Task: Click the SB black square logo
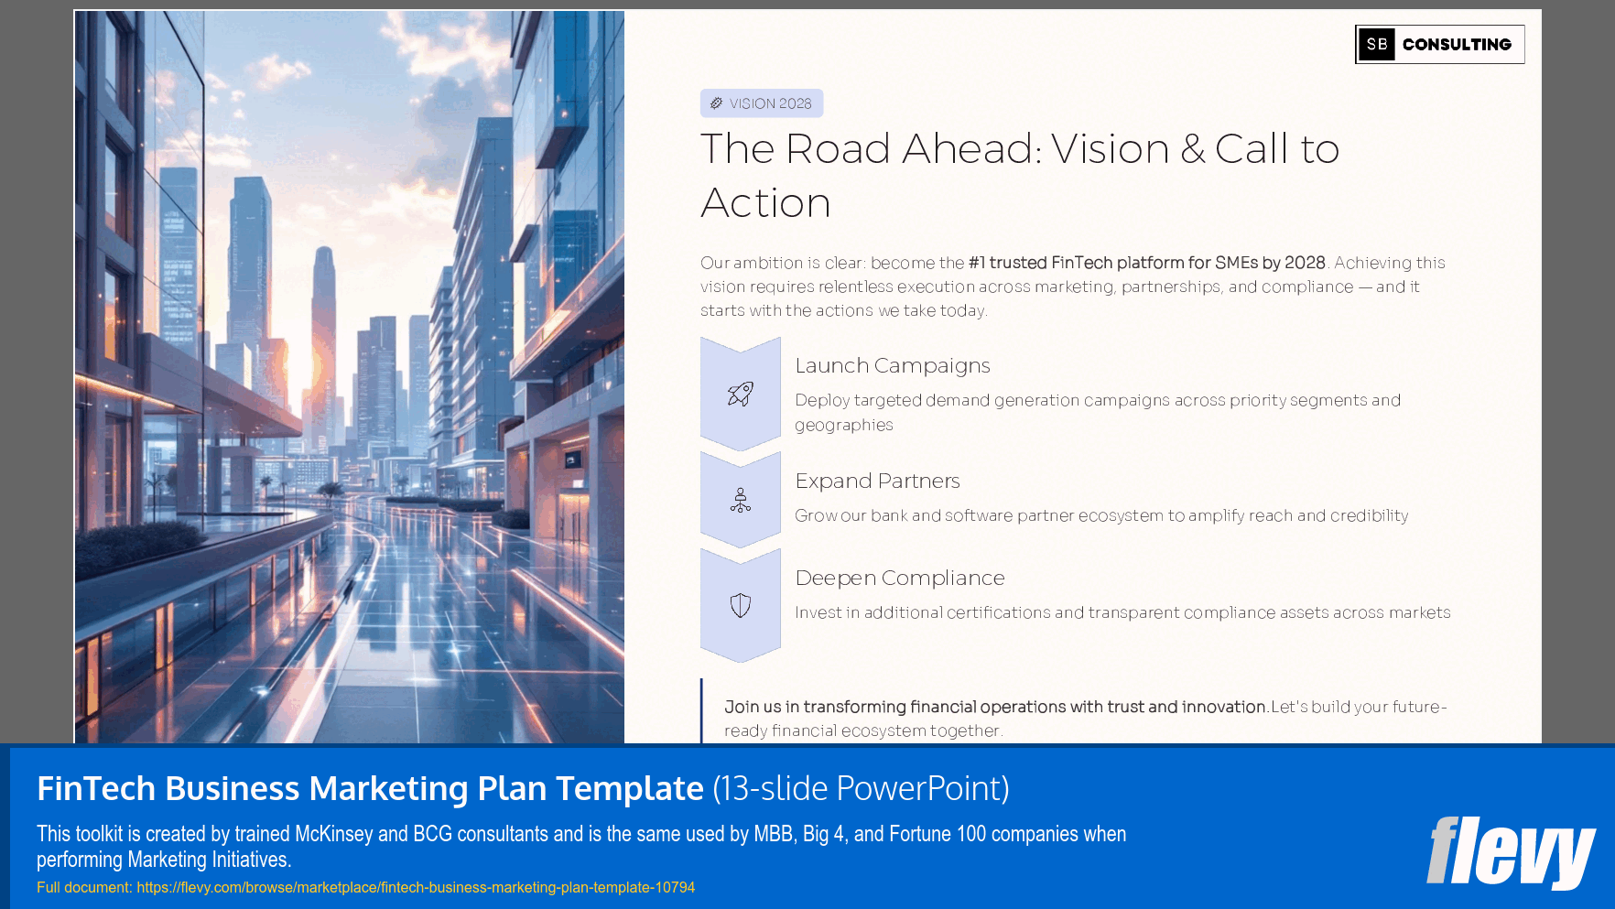click(x=1376, y=44)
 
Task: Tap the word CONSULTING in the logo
click(x=1457, y=44)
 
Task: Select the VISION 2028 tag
click(x=762, y=103)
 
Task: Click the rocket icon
click(x=740, y=394)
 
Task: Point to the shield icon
click(x=740, y=605)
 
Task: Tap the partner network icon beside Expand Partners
click(x=740, y=500)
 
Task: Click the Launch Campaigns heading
click(x=892, y=365)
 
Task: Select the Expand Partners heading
click(x=877, y=481)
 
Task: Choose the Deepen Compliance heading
click(x=899, y=578)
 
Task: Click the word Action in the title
click(x=765, y=202)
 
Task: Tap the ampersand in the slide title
click(x=1192, y=149)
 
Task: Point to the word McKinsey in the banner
click(x=333, y=834)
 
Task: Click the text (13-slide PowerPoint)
click(x=861, y=788)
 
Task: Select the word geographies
click(x=843, y=425)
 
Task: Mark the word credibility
click(x=1369, y=515)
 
